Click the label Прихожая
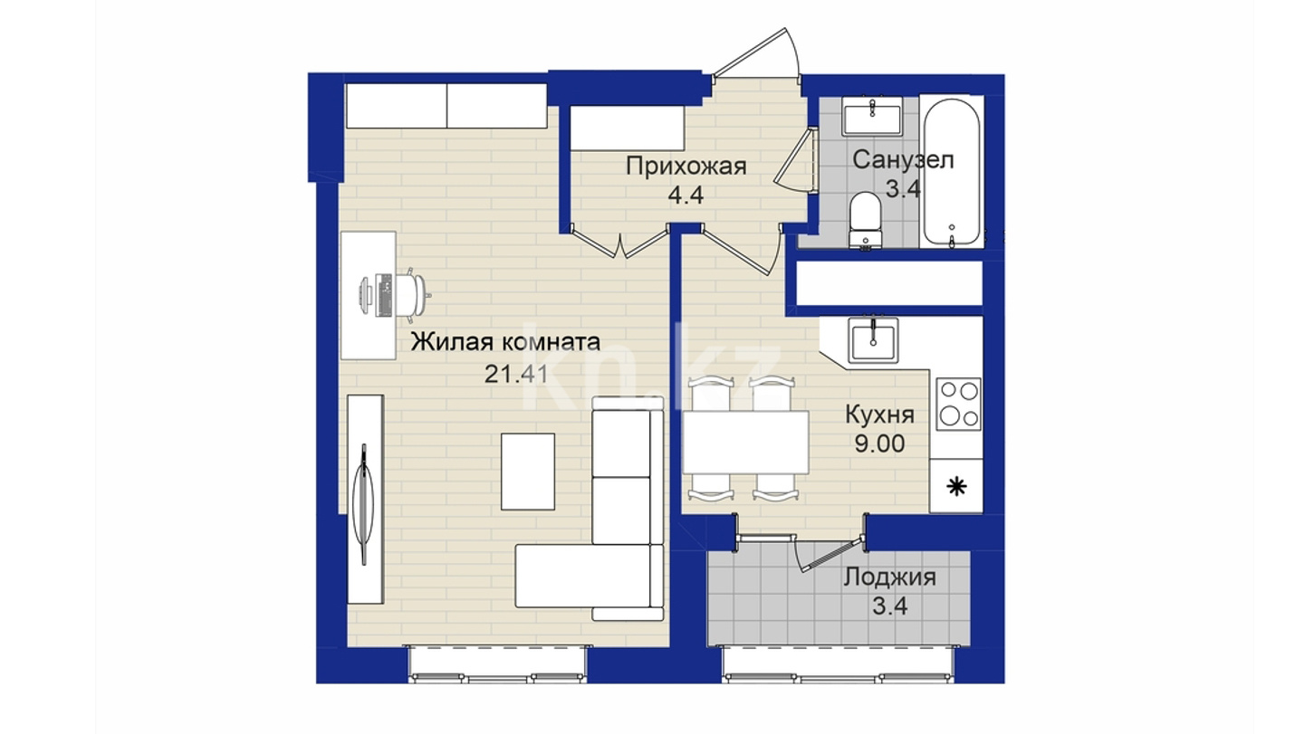(x=686, y=167)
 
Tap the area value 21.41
(x=516, y=374)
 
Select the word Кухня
(x=879, y=415)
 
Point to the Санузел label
(x=903, y=159)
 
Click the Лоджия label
(x=889, y=577)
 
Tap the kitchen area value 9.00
(x=879, y=443)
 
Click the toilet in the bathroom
(x=865, y=221)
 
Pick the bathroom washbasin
(x=872, y=116)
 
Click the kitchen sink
(x=873, y=340)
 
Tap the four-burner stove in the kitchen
(x=958, y=404)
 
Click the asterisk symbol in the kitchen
(x=956, y=486)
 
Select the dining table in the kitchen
(x=745, y=442)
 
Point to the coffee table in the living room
(x=528, y=471)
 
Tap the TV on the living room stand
(x=365, y=504)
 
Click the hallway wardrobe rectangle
(x=627, y=128)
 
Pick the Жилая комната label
(x=505, y=342)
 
